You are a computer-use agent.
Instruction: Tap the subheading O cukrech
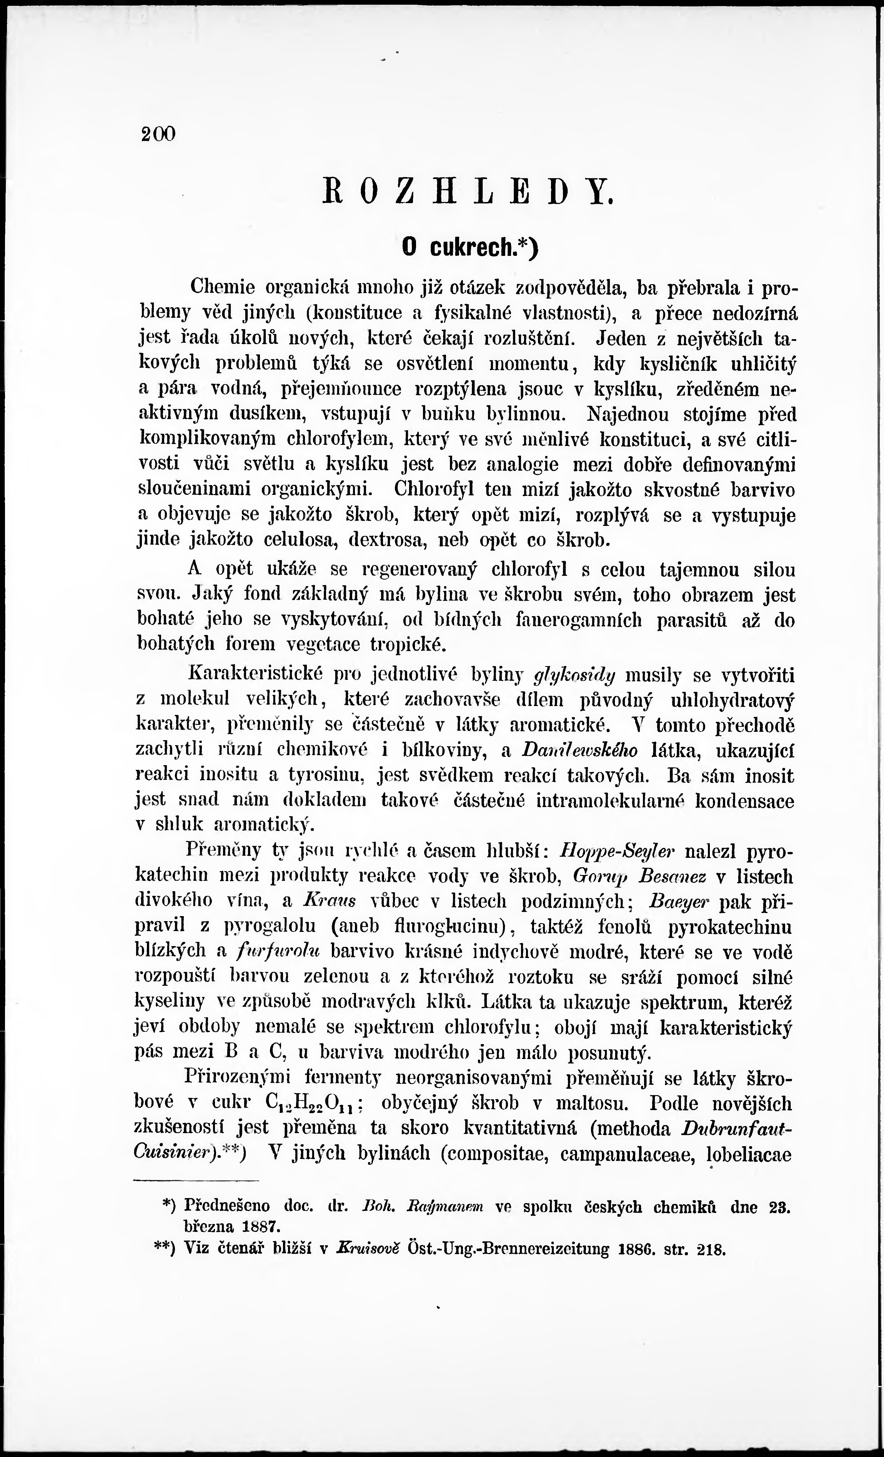470,246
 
